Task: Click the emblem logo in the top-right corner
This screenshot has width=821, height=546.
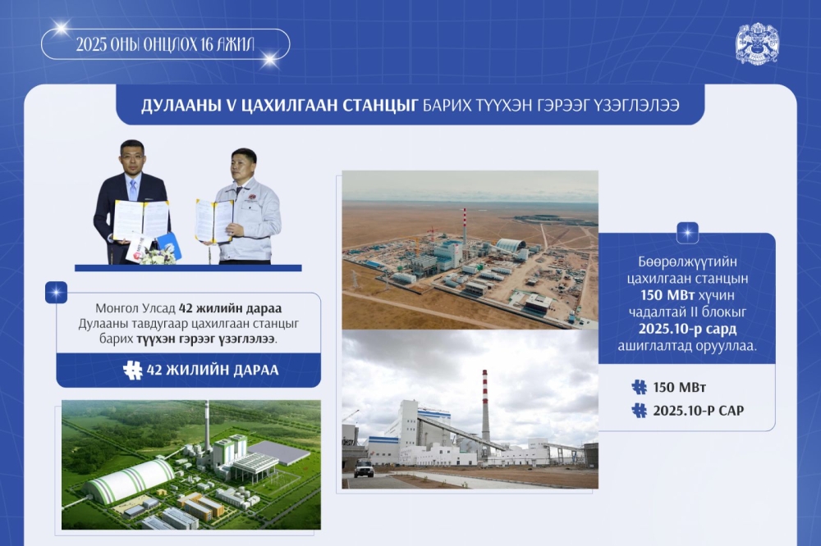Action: pos(756,44)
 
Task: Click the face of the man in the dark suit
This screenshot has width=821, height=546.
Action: pos(133,157)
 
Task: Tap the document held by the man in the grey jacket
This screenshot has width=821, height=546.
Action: pos(213,221)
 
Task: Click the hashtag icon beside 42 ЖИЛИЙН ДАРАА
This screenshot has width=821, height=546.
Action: pos(132,370)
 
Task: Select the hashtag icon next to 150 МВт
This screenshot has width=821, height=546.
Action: pos(639,387)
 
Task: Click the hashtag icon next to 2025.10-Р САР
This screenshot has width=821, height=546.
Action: pos(639,411)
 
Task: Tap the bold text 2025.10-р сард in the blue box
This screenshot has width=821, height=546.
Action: pos(686,330)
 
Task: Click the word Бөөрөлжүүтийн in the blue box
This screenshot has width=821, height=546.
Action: pos(686,262)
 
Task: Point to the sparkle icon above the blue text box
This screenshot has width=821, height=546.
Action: pos(687,232)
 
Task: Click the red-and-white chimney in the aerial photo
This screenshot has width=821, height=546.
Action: pos(465,225)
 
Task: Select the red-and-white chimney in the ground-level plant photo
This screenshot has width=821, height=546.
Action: pos(485,406)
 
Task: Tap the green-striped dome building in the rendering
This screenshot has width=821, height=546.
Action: pos(130,480)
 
